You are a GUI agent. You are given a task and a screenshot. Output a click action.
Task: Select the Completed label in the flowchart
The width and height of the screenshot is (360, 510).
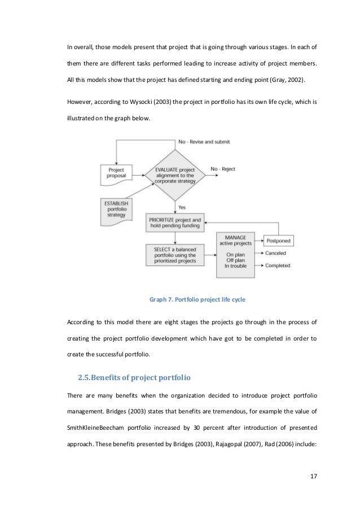click(x=277, y=265)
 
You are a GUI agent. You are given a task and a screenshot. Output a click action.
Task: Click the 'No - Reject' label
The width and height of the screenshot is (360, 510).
click(x=223, y=169)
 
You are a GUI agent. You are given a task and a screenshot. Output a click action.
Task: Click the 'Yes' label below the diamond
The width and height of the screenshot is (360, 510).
click(x=181, y=207)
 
